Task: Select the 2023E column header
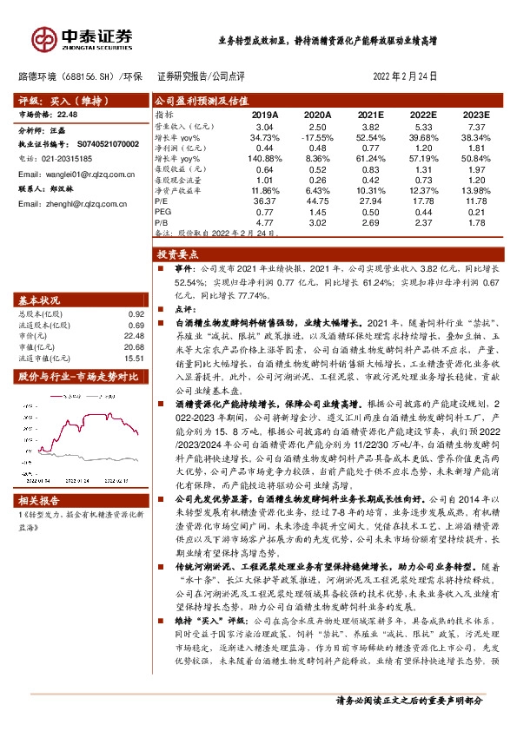[475, 115]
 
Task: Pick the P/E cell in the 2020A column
[318, 200]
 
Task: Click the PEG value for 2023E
[475, 212]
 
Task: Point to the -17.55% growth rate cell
[318, 138]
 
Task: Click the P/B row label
[162, 222]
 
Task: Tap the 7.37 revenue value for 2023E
[475, 127]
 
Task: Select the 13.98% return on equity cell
[475, 190]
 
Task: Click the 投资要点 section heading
[178, 254]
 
